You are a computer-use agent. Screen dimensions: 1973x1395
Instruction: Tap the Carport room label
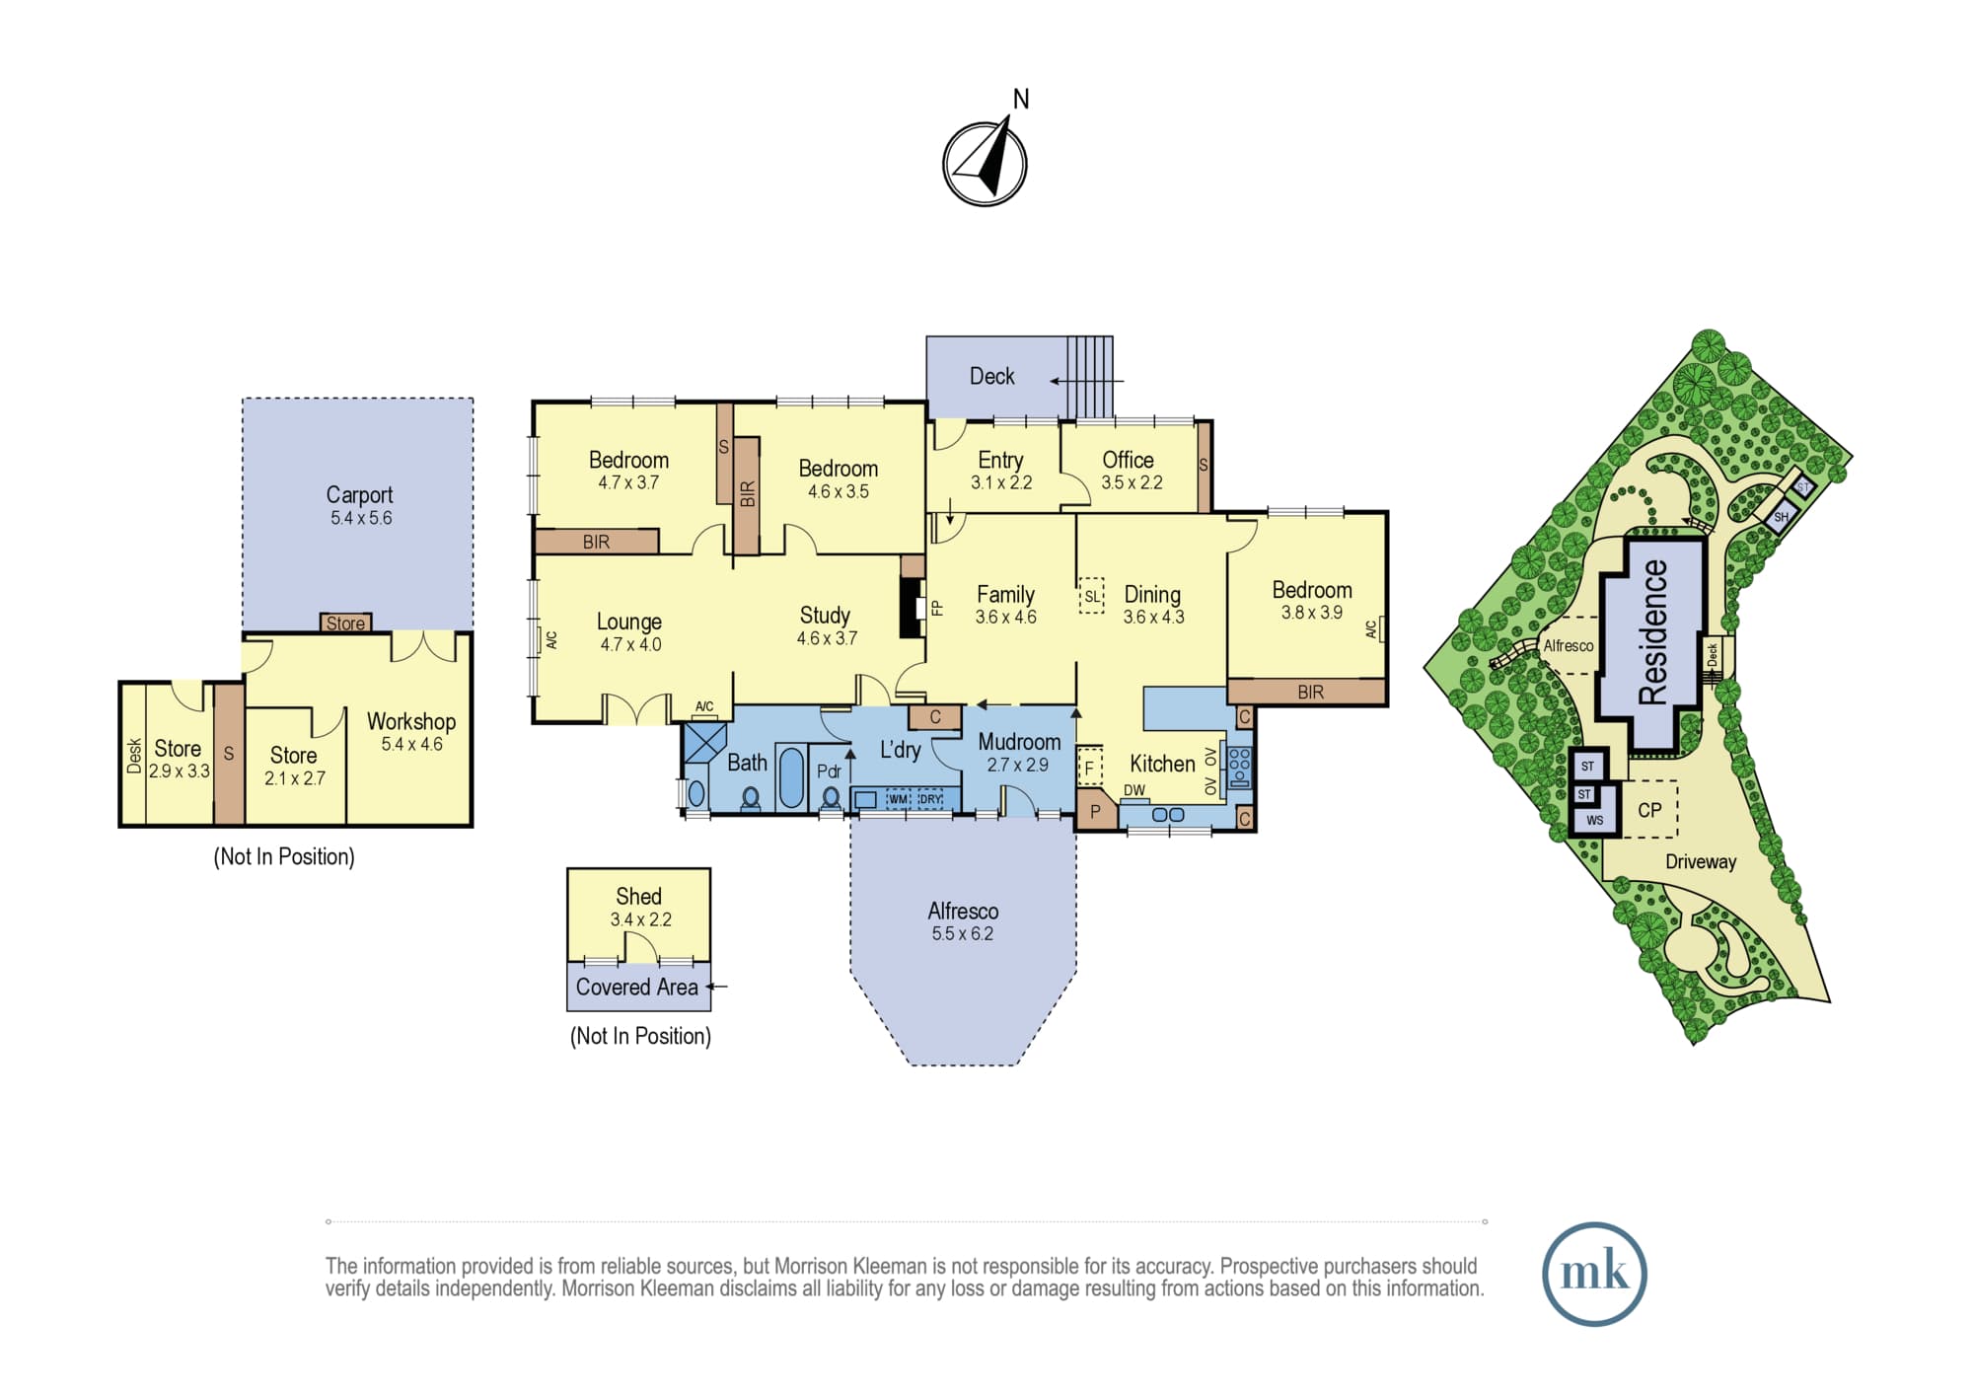[x=359, y=494]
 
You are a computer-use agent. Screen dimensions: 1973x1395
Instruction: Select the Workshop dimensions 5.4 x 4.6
[x=411, y=744]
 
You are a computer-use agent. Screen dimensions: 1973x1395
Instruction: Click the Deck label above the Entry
[x=991, y=376]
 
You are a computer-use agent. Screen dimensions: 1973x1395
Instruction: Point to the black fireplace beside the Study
[x=910, y=608]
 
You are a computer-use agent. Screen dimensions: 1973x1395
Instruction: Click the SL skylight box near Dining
[x=1091, y=596]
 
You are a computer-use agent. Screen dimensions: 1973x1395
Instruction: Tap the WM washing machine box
[x=898, y=799]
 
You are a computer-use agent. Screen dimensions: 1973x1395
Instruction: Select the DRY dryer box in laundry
[x=930, y=799]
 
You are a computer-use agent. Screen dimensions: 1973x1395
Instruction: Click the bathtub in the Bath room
[x=791, y=777]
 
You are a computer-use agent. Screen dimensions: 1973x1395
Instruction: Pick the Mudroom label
[x=1019, y=742]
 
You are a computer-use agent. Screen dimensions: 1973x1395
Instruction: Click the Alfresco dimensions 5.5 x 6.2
[x=962, y=933]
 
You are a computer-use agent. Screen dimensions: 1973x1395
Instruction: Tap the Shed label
[x=638, y=896]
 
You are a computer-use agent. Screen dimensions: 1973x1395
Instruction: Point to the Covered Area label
[x=636, y=987]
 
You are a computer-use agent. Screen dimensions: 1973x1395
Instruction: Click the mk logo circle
[x=1594, y=1273]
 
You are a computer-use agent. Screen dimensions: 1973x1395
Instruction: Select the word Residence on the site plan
[x=1652, y=631]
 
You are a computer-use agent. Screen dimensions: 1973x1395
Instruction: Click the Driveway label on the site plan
[x=1701, y=861]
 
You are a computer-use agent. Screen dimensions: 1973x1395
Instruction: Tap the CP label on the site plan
[x=1649, y=810]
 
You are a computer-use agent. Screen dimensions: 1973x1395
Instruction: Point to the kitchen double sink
[x=1168, y=815]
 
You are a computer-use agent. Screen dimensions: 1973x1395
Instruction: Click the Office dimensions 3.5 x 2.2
[x=1132, y=482]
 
